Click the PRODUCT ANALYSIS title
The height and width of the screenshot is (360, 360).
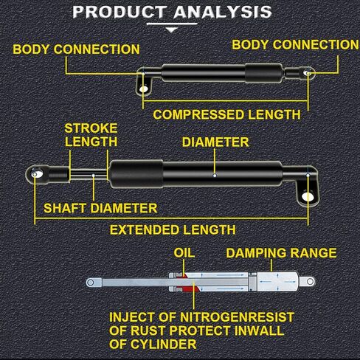tap(172, 12)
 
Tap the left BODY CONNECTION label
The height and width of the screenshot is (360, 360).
tap(76, 49)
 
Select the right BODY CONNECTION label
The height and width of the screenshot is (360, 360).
tap(296, 45)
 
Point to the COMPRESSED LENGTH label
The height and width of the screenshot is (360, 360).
tap(226, 114)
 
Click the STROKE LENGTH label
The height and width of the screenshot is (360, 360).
tap(91, 135)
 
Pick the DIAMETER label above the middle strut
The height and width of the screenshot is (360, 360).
tap(215, 142)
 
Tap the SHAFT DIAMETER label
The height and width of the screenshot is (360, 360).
tap(100, 208)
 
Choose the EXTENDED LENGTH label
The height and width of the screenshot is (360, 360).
tap(173, 230)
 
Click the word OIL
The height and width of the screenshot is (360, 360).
tap(184, 253)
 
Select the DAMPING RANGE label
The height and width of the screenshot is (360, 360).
tap(281, 253)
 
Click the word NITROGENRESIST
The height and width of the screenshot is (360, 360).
tap(237, 317)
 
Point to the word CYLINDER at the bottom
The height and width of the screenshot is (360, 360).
tap(164, 345)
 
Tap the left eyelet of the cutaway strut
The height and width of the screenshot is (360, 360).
tap(91, 282)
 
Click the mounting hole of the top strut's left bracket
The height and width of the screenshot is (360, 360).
tap(143, 89)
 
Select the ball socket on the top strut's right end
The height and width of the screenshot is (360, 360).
tap(308, 73)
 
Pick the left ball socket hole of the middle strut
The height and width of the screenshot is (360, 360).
tap(35, 174)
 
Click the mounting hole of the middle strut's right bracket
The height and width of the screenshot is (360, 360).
tap(308, 197)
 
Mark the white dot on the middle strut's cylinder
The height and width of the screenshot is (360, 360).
tap(215, 176)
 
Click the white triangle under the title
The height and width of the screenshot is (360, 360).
tap(172, 30)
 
